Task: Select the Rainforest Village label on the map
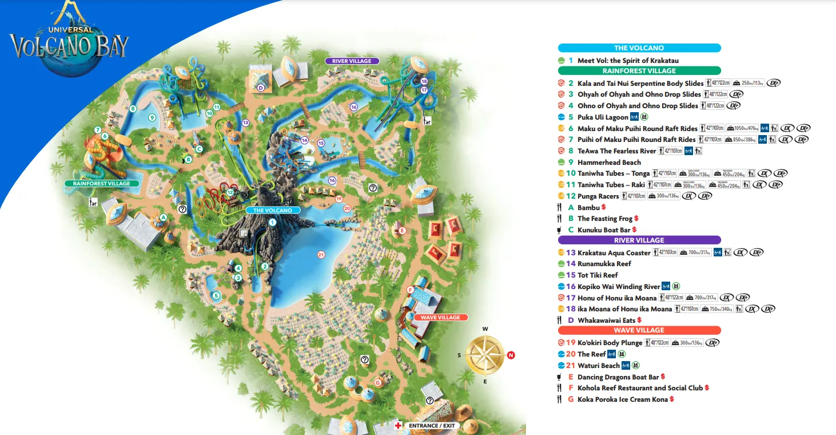[101, 184]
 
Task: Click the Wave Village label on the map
[440, 317]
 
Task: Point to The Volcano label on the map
[273, 210]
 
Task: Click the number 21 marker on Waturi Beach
[321, 255]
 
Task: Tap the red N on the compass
[511, 355]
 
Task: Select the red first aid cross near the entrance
[398, 426]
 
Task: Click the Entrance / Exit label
[432, 426]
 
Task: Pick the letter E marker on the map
[402, 230]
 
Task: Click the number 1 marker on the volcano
[273, 222]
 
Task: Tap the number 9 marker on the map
[152, 117]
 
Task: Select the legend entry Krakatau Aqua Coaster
[614, 252]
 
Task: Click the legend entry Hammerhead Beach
[609, 162]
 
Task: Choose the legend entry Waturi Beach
[598, 365]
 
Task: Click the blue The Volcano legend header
[639, 48]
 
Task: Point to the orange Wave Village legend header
[639, 330]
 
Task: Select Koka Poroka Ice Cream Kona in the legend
[622, 399]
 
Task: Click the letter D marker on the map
[260, 88]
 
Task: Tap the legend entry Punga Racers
[598, 196]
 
